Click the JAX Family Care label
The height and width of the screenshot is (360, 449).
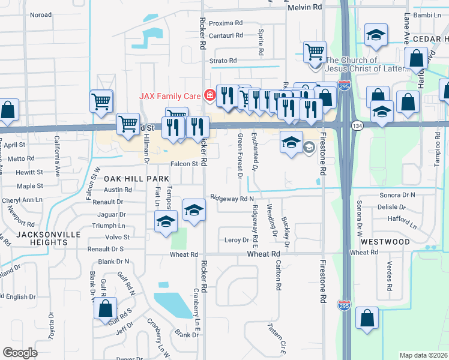point(171,95)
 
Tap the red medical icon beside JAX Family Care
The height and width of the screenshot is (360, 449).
point(209,95)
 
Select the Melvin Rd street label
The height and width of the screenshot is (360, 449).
point(305,7)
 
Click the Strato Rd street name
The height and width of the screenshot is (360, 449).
point(223,61)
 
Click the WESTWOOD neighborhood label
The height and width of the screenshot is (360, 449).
point(385,242)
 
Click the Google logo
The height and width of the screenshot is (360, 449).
point(20,353)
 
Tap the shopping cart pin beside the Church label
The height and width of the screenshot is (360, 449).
point(314,52)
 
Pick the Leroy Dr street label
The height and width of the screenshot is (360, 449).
point(237,240)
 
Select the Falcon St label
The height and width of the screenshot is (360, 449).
point(184,164)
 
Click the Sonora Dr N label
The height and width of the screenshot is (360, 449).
point(397,196)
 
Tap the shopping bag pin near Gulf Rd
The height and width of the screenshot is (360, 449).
point(105,309)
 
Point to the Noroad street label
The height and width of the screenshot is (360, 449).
point(40,14)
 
